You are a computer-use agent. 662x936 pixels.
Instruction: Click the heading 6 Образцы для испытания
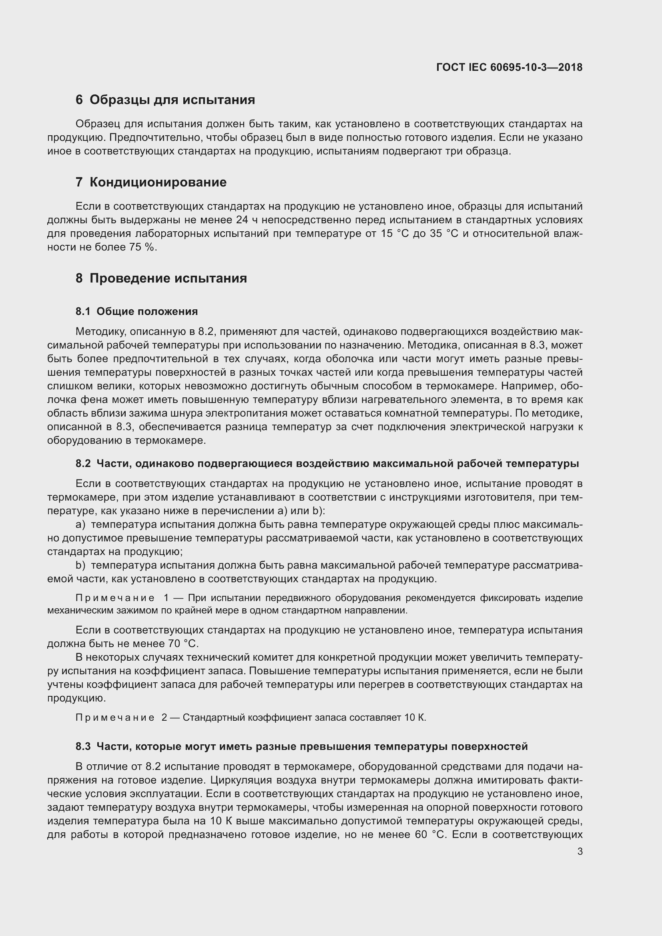tap(165, 100)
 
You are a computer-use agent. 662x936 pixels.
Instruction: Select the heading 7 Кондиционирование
tap(151, 182)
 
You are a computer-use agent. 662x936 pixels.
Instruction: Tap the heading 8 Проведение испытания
tap(161, 278)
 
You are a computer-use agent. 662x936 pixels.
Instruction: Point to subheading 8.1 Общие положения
tap(136, 311)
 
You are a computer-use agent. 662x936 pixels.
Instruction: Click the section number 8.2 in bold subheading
tap(83, 463)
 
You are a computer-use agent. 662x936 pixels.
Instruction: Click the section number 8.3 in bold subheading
tap(83, 746)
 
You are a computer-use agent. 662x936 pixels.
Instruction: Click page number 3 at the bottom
tap(580, 852)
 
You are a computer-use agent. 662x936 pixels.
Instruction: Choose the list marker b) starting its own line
tap(80, 565)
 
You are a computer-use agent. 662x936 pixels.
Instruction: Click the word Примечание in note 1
tap(115, 598)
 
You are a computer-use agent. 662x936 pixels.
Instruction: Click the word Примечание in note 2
tap(115, 718)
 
